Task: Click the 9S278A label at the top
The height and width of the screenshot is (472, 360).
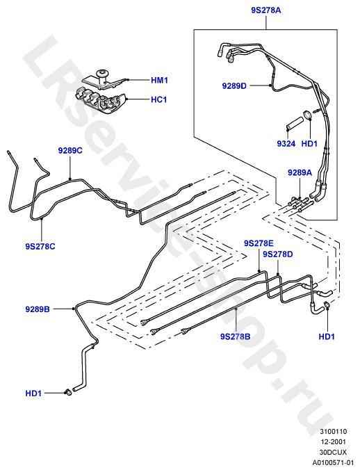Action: pos(265,10)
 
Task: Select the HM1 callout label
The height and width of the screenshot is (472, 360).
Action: pos(159,81)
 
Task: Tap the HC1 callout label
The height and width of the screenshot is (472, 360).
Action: pos(158,99)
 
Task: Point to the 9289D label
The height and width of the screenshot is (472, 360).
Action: pos(234,86)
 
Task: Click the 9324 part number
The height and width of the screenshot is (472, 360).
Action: pos(286,144)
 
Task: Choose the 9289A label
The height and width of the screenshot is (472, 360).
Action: pos(300,172)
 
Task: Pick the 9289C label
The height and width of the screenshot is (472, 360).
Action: pos(70,151)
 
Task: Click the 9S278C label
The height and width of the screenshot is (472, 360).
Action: pos(40,247)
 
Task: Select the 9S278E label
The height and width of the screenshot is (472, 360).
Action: pos(259,243)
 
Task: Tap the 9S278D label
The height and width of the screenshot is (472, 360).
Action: pos(278,254)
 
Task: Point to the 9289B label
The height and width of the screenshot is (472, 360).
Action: pos(38,309)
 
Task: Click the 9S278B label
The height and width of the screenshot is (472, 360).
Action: pos(235,336)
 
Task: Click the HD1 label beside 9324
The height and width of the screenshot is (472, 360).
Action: pos(309,144)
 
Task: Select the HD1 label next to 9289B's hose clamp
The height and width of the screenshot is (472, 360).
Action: pos(33,393)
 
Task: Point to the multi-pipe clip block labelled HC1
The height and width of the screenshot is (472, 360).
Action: pos(100,100)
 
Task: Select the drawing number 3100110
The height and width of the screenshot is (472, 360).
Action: pos(333,432)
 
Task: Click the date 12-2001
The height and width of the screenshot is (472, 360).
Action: pos(333,441)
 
